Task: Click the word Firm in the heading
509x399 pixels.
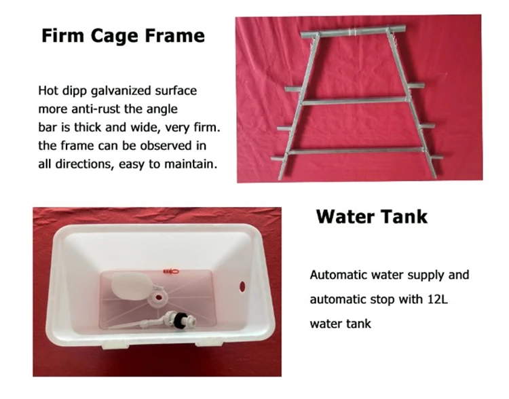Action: pos(62,35)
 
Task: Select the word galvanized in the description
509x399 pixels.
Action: pos(121,91)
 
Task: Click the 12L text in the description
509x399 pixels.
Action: pos(437,299)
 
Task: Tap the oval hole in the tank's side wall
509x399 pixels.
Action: pos(242,286)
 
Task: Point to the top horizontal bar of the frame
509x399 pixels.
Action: pos(353,32)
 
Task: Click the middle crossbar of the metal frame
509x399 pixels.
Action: pos(354,101)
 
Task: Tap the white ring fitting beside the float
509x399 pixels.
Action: pos(158,297)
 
